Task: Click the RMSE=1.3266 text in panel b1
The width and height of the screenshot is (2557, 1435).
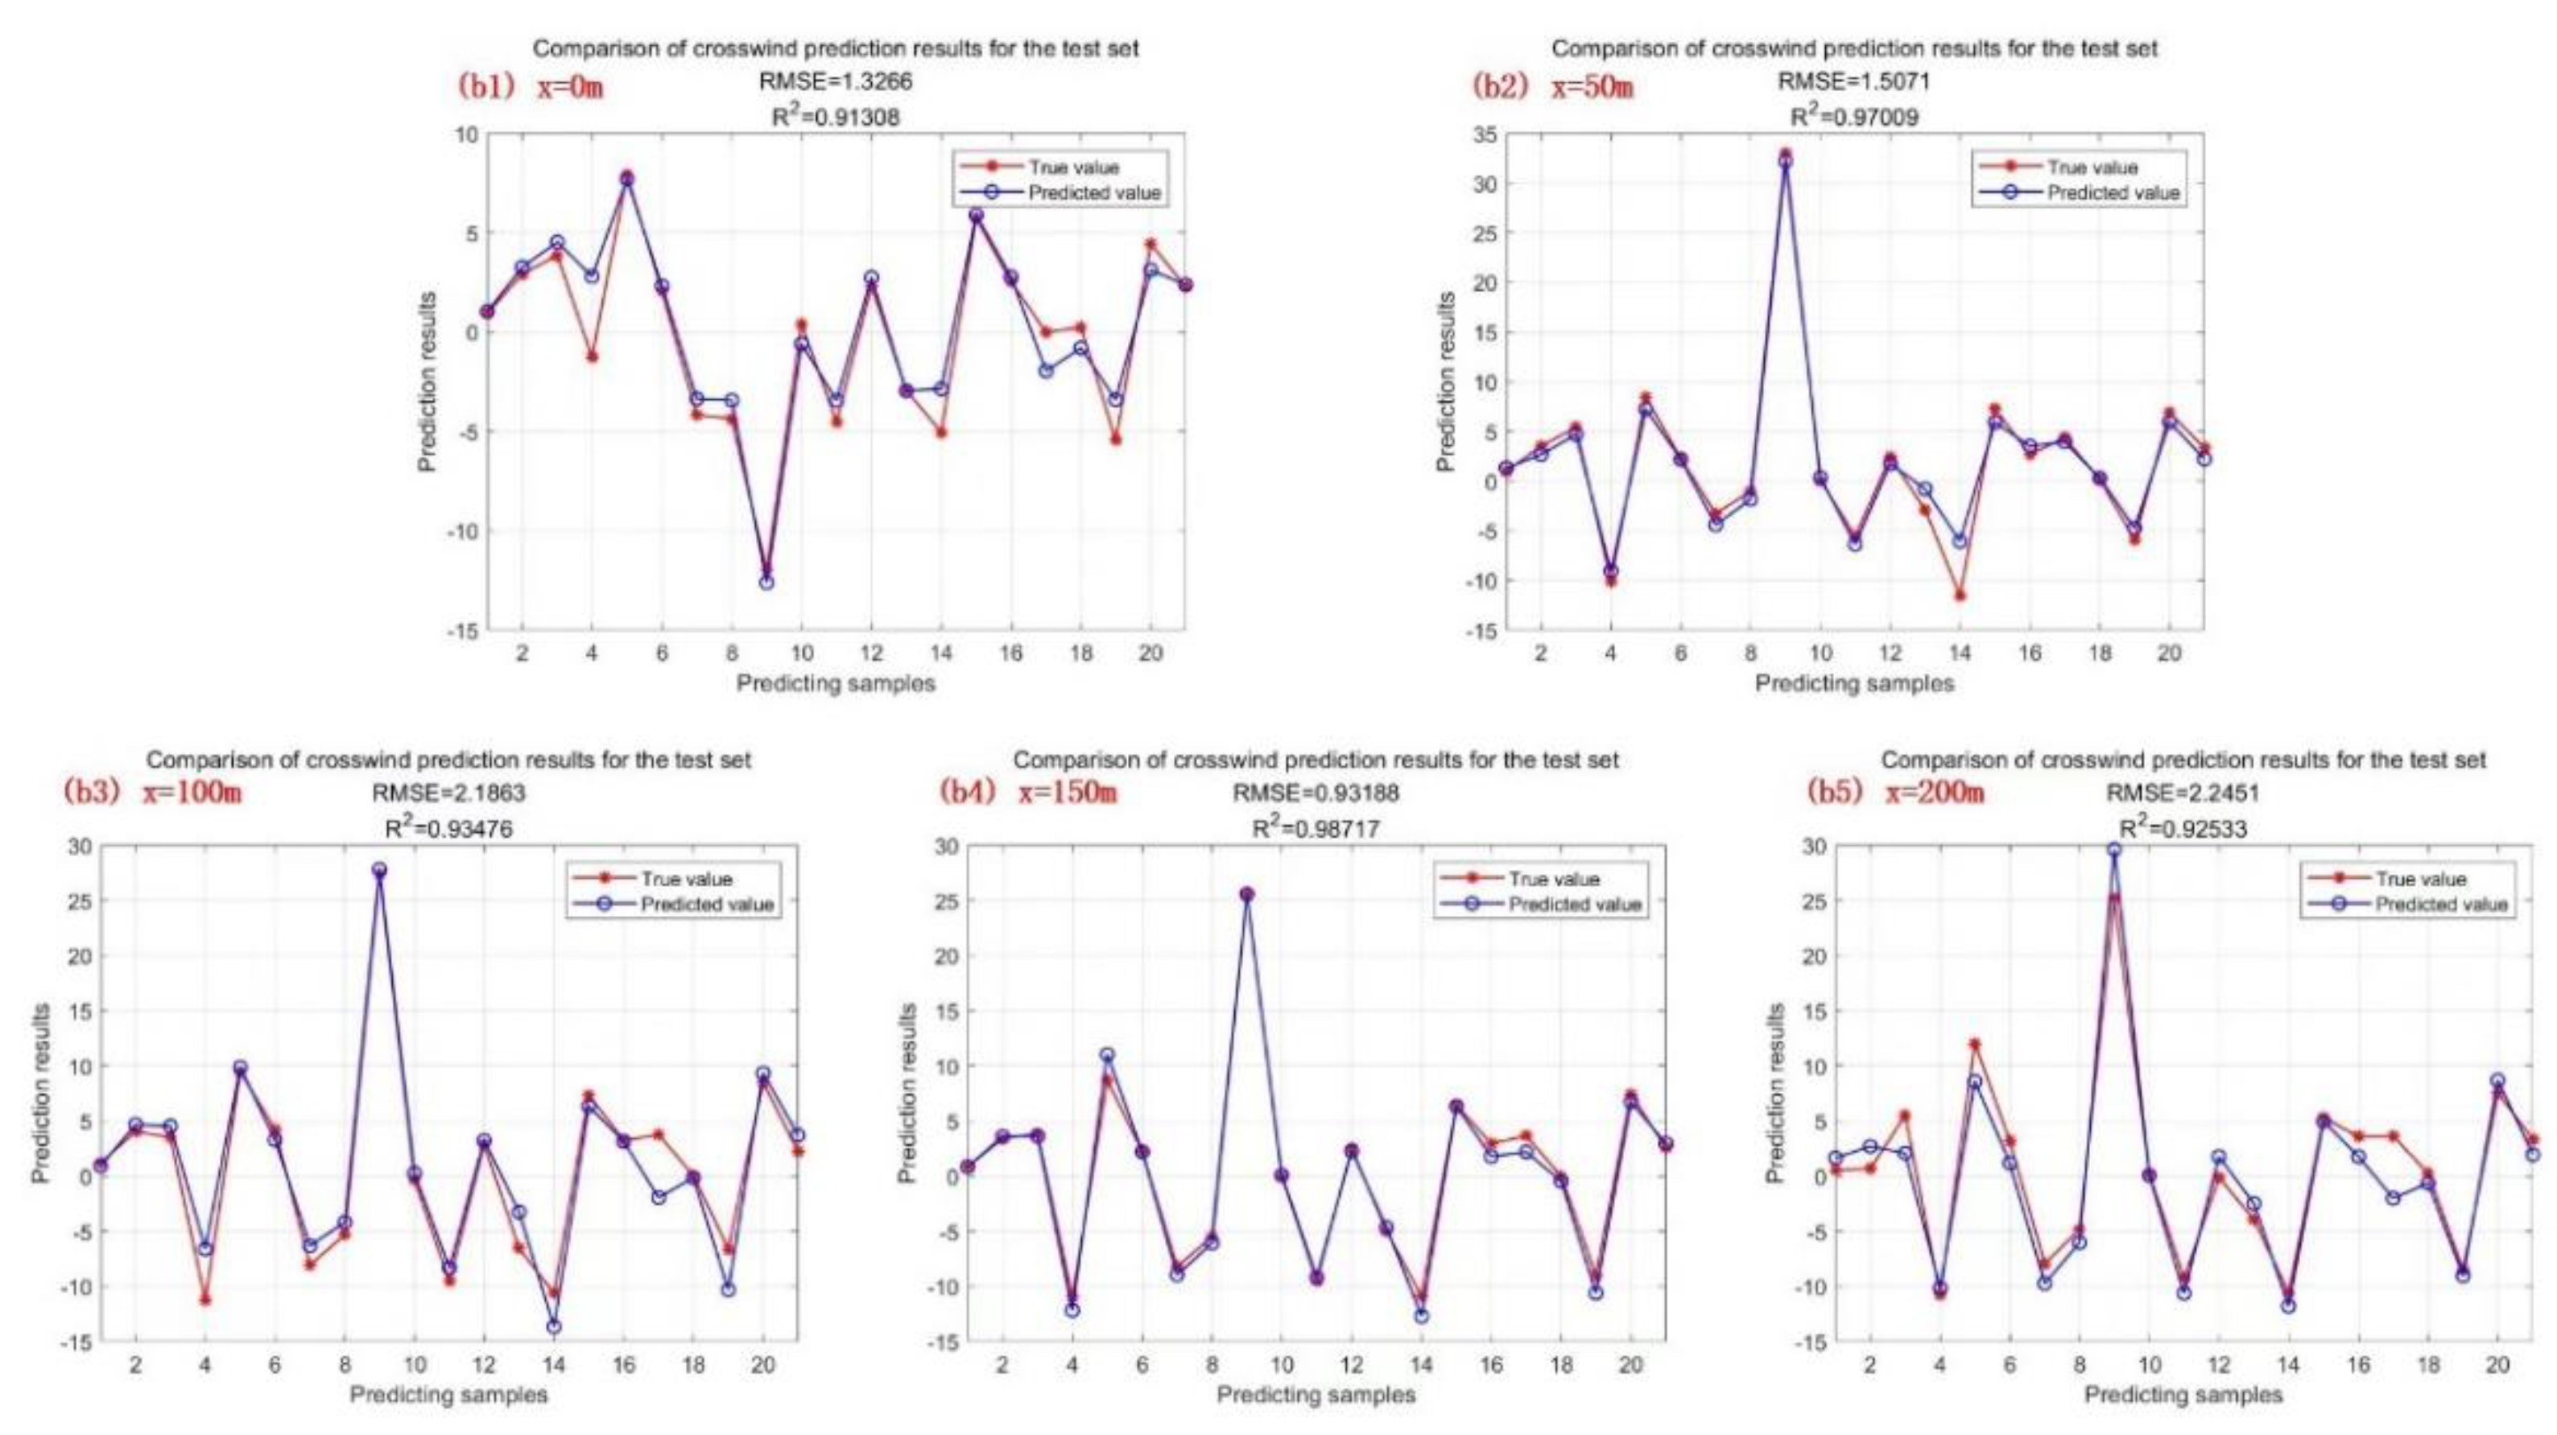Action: (x=835, y=82)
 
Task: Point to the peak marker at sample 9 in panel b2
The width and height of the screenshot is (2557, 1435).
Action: (x=1785, y=159)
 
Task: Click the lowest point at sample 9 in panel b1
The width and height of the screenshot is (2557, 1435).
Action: (x=766, y=582)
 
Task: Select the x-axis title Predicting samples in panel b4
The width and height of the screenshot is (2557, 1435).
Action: (x=1316, y=1394)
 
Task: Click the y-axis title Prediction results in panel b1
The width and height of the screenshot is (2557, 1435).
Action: (x=428, y=382)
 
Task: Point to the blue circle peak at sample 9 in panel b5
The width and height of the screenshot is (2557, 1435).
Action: (x=2114, y=851)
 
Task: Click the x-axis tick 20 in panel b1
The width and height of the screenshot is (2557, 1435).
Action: (x=1150, y=653)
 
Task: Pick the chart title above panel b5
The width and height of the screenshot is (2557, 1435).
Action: (x=2183, y=761)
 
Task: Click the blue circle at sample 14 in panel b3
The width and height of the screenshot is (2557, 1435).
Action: (x=554, y=1326)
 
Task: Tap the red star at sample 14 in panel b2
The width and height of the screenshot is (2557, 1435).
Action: (x=1960, y=596)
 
